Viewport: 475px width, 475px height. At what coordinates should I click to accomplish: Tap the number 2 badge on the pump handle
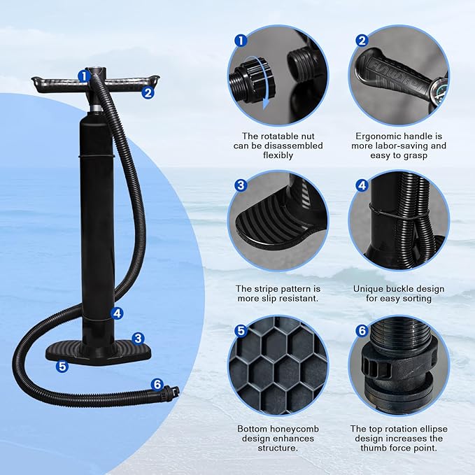[x=148, y=91]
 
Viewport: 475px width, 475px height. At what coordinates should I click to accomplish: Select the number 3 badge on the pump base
[x=139, y=338]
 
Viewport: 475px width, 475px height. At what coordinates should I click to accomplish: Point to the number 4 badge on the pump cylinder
[x=117, y=314]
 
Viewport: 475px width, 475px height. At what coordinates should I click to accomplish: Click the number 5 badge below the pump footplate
[x=62, y=365]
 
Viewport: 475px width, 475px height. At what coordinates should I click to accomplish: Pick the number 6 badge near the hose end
[x=157, y=384]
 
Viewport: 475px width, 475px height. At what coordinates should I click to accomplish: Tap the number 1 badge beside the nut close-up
[x=241, y=41]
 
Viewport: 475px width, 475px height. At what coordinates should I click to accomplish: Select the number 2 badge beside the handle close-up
[x=362, y=41]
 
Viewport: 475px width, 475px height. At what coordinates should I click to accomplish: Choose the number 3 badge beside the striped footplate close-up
[x=241, y=185]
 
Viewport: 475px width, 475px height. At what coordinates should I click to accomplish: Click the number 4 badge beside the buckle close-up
[x=362, y=185]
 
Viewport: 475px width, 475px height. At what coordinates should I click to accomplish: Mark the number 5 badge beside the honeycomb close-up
[x=241, y=330]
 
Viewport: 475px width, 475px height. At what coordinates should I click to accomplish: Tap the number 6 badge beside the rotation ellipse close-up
[x=362, y=330]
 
